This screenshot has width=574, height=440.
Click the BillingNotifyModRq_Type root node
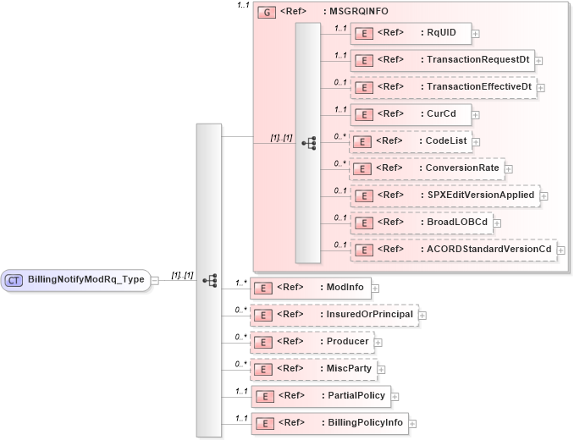point(76,280)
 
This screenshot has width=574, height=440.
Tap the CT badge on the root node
point(14,280)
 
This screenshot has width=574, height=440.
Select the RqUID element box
point(411,33)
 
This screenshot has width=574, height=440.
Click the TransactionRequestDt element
point(442,60)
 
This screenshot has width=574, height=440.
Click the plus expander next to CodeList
point(477,142)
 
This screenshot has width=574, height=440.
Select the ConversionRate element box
point(427,168)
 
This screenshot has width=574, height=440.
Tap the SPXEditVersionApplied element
point(444,195)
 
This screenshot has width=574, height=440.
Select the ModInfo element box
point(311,288)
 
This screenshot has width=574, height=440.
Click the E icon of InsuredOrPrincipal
point(263,315)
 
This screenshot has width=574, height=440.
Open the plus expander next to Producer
point(378,342)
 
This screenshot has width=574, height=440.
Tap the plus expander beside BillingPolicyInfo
point(412,423)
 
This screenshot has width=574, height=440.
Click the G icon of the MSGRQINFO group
point(265,14)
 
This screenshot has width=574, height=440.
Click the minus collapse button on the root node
point(155,281)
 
